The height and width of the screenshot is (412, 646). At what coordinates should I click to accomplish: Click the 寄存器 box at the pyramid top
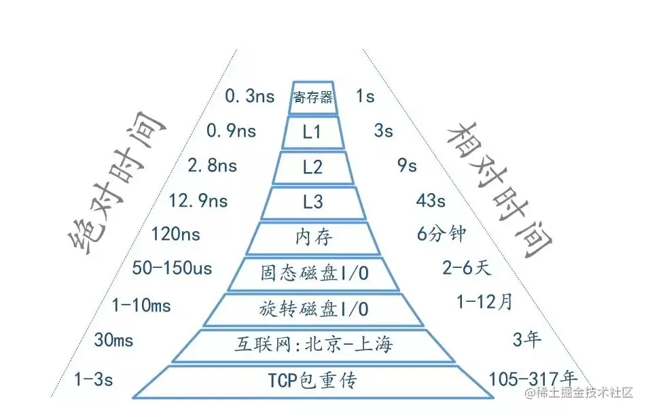tap(312, 97)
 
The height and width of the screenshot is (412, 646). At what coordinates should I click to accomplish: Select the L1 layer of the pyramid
tap(312, 132)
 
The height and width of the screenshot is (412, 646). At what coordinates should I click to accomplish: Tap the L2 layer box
tap(312, 167)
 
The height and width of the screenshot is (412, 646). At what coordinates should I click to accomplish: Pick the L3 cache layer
tap(312, 202)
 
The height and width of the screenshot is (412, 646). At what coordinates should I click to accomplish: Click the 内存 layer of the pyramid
tap(312, 238)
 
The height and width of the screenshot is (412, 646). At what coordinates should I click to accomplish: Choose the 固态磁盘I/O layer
tap(314, 273)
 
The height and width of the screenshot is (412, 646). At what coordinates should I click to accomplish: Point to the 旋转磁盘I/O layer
tap(314, 309)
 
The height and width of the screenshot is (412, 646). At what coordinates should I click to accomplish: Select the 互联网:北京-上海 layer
tap(314, 345)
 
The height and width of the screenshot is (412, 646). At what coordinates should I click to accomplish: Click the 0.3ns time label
tap(250, 97)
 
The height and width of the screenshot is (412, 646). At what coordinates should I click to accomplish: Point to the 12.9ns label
tap(198, 201)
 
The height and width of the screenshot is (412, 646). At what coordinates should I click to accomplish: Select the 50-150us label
tap(173, 269)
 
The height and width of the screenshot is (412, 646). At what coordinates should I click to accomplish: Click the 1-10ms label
tap(141, 306)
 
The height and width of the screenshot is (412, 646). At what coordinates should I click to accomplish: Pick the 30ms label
tap(113, 340)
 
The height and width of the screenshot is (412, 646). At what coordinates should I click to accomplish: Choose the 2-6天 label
tap(466, 269)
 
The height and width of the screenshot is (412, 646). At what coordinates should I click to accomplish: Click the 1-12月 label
tap(484, 303)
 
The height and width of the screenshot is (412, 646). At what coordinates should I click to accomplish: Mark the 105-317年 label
tap(533, 379)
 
